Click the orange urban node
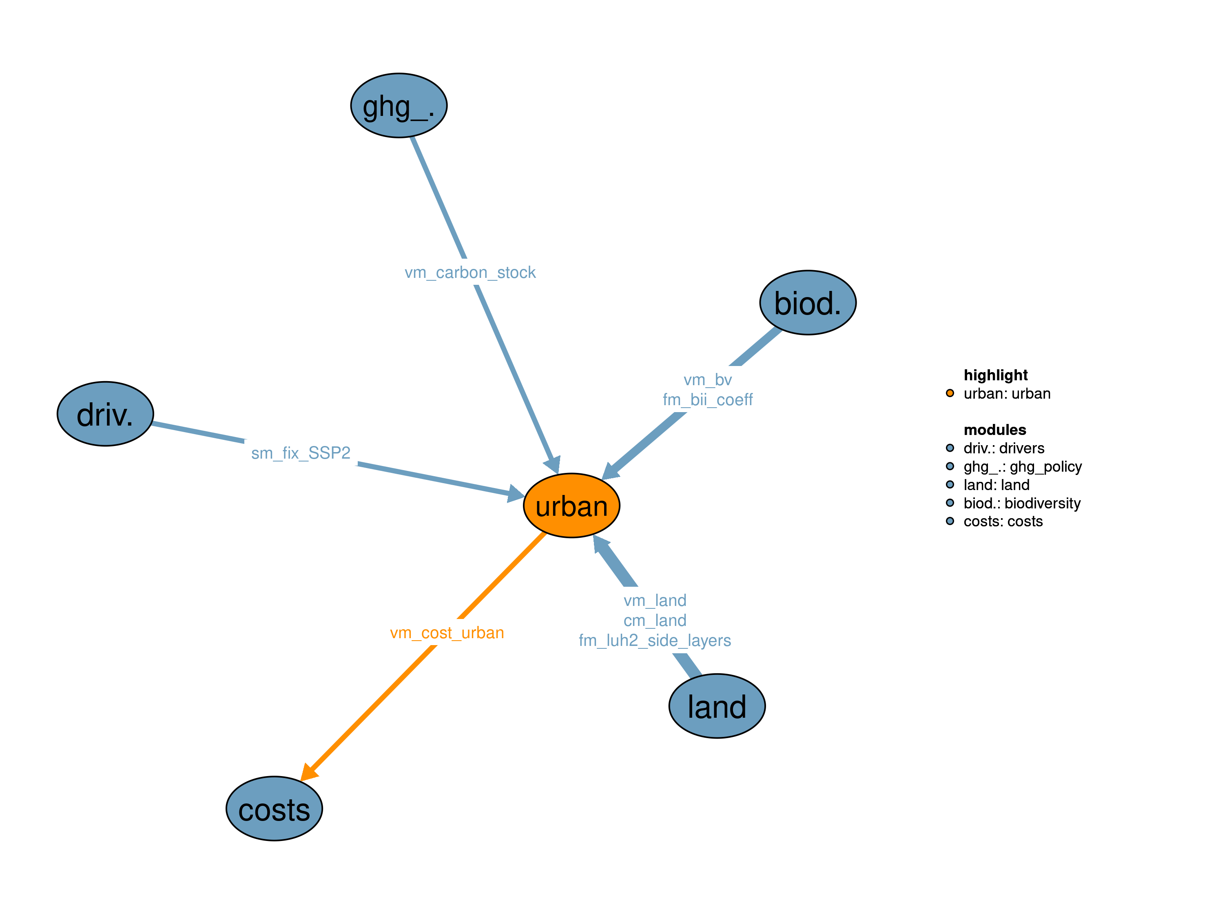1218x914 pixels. point(571,505)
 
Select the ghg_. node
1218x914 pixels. point(399,105)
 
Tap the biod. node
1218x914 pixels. point(807,302)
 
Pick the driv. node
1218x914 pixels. point(105,414)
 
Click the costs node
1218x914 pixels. point(274,808)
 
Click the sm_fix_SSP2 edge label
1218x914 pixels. point(301,453)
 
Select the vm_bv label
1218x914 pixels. point(708,379)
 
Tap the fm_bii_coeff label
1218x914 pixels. point(708,399)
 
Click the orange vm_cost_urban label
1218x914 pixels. point(447,632)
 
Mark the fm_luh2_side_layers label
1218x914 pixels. point(655,640)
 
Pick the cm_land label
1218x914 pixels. point(655,620)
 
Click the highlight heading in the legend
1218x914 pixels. point(996,375)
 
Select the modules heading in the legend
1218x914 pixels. point(995,430)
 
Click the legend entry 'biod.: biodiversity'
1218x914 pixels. point(1021,503)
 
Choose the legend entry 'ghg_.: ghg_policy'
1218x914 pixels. point(1022,467)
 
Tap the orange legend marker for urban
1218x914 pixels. point(950,393)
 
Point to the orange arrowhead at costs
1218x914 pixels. point(309,772)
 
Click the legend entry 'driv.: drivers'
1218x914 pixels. point(1003,448)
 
